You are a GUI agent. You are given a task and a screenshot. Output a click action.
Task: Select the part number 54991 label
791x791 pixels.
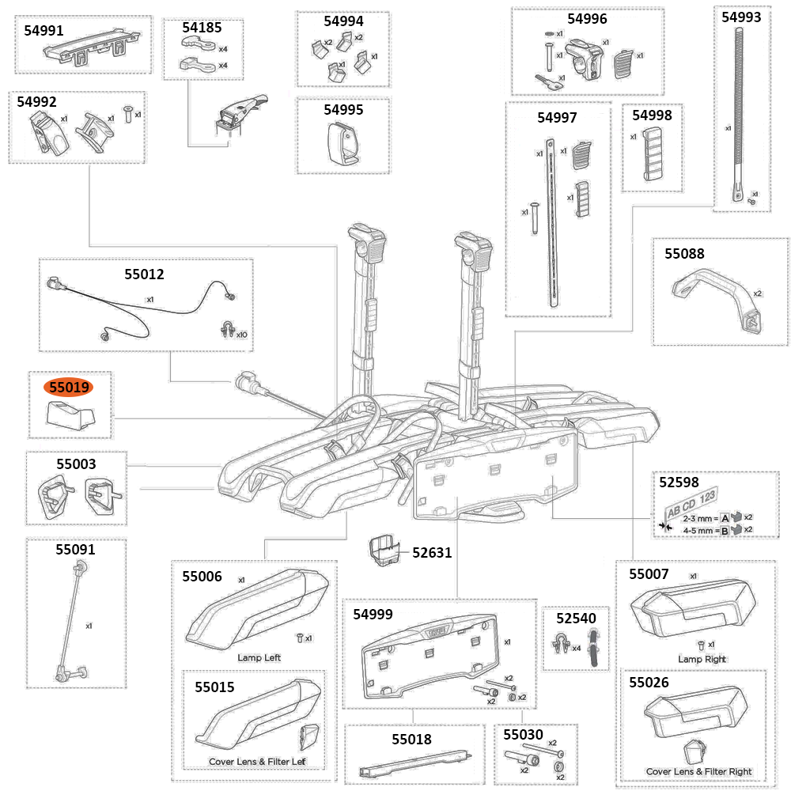[x=46, y=31]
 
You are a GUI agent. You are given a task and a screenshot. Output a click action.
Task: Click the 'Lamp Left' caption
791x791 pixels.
[x=259, y=657]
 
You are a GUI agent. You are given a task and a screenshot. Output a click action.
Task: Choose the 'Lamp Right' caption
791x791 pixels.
[x=702, y=659]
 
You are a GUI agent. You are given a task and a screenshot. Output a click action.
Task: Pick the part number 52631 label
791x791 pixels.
[x=432, y=553]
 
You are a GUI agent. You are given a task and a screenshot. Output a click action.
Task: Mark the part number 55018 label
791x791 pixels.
[x=412, y=740]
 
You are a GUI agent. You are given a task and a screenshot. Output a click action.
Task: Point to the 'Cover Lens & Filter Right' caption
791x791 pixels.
[x=698, y=771]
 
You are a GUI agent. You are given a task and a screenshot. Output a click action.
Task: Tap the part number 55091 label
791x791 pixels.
[x=75, y=549]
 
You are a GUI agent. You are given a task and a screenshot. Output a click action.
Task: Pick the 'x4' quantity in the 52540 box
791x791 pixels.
[x=577, y=648]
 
